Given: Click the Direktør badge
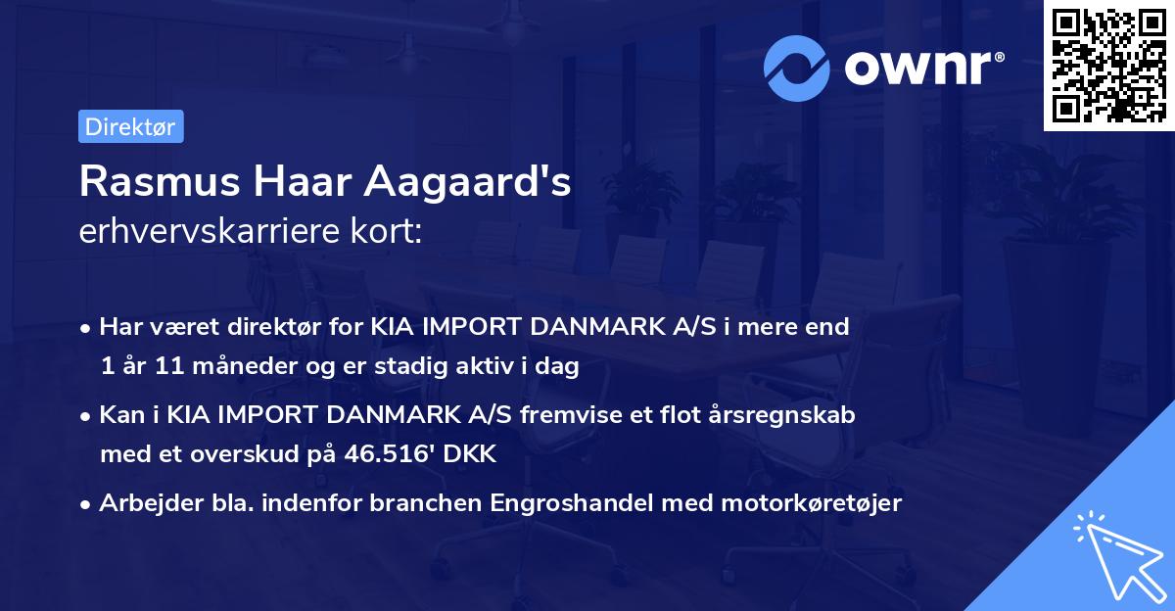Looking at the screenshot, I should pos(130,126).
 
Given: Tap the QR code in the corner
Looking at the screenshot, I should pos(1108,66).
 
